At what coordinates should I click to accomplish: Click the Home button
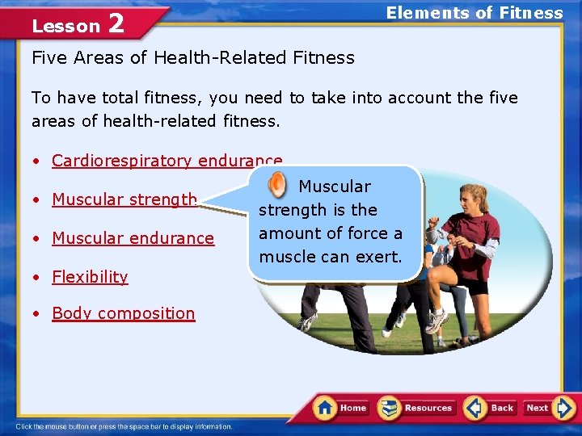[x=340, y=408]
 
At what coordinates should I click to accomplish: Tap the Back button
[x=490, y=408]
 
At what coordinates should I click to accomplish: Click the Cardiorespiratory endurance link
[x=167, y=161]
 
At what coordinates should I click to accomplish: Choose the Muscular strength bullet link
[x=124, y=199]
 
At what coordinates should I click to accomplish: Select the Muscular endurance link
[x=133, y=238]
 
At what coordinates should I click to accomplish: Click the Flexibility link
[x=90, y=277]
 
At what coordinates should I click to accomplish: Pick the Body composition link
[x=123, y=313]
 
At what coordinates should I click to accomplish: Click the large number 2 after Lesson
[x=116, y=24]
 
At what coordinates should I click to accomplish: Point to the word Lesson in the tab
[x=65, y=27]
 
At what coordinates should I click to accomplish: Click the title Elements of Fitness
[x=474, y=13]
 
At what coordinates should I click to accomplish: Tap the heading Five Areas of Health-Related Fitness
[x=192, y=58]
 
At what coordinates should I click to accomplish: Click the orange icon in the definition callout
[x=276, y=185]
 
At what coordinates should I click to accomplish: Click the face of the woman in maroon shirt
[x=471, y=199]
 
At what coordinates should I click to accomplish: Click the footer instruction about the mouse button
[x=124, y=426]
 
